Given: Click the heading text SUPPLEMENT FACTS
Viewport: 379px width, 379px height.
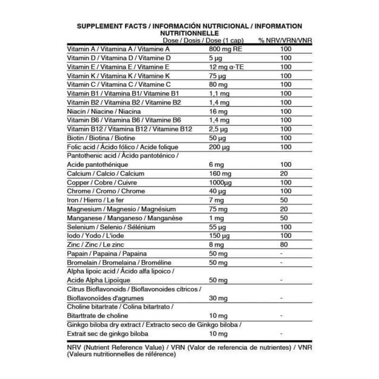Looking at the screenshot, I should click(x=112, y=26).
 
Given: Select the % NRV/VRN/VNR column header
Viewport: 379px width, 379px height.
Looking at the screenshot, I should click(x=285, y=40).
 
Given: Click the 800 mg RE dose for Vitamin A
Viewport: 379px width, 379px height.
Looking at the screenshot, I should click(x=226, y=49).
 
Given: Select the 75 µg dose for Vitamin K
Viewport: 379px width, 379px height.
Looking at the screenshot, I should click(x=217, y=76).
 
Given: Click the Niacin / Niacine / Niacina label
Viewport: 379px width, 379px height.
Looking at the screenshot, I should click(x=104, y=112).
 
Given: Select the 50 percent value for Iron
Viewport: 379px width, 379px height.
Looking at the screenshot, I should click(x=285, y=200).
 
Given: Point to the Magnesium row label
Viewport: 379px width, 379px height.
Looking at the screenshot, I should click(x=117, y=209).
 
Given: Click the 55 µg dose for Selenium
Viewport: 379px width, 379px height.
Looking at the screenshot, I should click(x=217, y=227).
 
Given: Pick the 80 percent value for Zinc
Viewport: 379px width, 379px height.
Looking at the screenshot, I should click(x=285, y=244).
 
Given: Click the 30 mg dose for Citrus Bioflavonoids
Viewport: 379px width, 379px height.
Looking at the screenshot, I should click(x=218, y=298).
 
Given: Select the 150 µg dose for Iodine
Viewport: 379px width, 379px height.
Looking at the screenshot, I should click(x=219, y=236).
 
